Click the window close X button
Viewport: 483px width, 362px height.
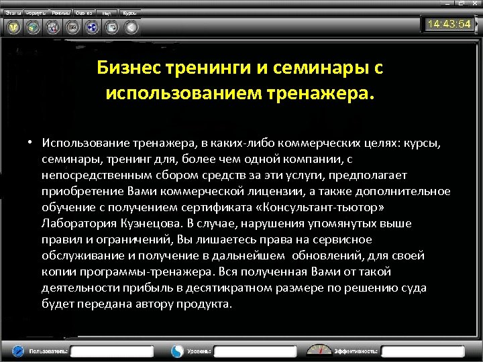point(474,4)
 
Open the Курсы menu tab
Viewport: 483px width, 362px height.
point(129,13)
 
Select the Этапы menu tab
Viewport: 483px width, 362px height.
point(13,13)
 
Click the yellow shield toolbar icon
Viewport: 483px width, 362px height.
point(13,27)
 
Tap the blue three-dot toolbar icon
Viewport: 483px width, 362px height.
point(93,27)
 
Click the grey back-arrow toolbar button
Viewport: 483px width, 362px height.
point(131,27)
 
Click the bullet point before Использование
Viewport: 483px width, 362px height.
point(31,143)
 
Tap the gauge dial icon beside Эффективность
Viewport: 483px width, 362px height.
point(319,350)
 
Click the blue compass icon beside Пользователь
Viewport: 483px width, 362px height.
point(19,351)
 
